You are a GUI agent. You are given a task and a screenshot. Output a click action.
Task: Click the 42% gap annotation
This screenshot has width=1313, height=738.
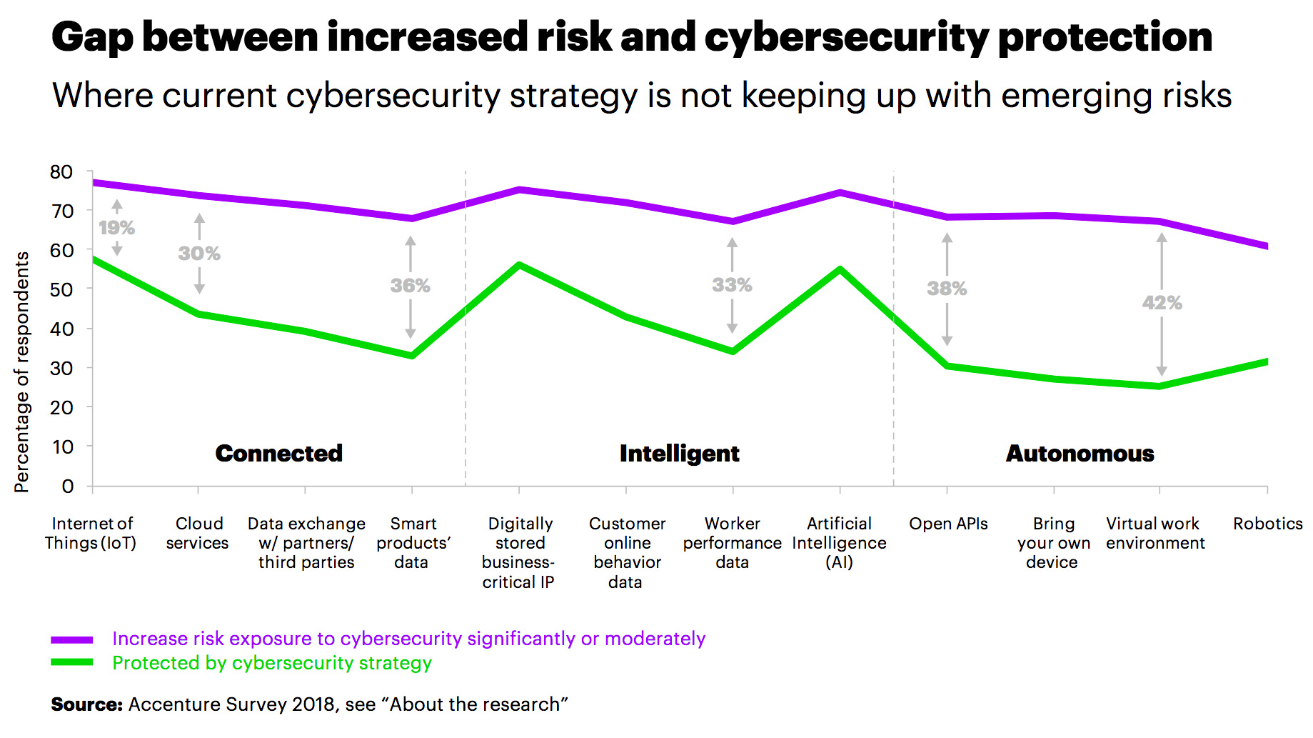click(x=1162, y=303)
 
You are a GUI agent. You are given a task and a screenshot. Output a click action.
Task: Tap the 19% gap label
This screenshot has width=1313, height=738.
click(x=116, y=228)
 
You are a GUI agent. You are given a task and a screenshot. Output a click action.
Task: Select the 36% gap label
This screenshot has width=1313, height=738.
click(x=410, y=286)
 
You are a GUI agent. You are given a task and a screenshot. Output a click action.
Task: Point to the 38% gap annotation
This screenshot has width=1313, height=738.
click(x=947, y=289)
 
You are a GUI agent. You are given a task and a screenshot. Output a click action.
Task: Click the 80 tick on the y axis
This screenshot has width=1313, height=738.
click(x=61, y=172)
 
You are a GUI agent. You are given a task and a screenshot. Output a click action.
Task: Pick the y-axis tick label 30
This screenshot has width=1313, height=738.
click(x=61, y=369)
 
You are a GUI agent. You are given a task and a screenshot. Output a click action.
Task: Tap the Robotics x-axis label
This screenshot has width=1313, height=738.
click(x=1267, y=524)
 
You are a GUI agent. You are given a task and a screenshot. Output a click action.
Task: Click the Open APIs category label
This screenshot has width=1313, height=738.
click(x=948, y=524)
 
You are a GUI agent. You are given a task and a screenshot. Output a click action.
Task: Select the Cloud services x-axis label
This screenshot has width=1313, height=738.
click(x=198, y=533)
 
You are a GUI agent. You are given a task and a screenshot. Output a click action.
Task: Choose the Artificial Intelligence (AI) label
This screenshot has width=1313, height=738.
click(x=840, y=543)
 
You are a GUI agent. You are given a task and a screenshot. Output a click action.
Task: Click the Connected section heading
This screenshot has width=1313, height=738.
click(x=279, y=454)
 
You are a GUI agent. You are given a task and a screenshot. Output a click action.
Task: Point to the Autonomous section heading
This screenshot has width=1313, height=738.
click(x=1080, y=454)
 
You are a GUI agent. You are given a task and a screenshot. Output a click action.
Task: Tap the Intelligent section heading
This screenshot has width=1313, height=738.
click(x=679, y=454)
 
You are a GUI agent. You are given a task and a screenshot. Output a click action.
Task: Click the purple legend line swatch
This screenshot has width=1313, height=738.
click(x=72, y=639)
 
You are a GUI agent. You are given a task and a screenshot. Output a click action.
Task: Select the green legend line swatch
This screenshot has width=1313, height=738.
click(x=72, y=662)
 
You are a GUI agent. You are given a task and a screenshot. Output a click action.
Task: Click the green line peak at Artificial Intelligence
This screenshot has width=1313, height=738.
click(x=840, y=270)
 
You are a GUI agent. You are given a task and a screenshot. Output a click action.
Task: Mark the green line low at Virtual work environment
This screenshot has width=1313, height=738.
click(x=1159, y=387)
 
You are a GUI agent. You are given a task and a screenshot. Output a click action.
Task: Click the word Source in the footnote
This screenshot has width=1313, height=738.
click(x=86, y=704)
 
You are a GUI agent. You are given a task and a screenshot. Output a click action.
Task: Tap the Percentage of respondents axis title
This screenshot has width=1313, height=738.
click(x=22, y=372)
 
